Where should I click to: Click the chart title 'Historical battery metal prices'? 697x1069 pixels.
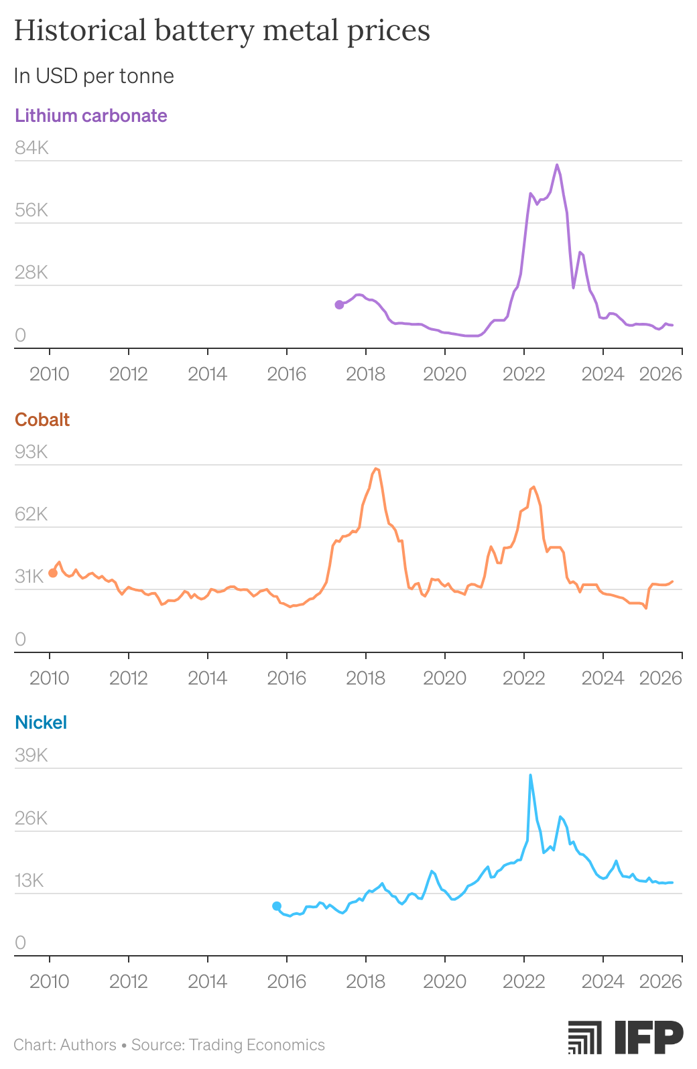click(222, 31)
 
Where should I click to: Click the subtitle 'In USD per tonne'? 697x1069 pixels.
click(94, 76)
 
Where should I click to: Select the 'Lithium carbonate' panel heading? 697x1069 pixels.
click(91, 116)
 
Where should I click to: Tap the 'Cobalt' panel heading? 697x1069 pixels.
click(42, 420)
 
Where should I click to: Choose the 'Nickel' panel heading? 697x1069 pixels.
click(41, 723)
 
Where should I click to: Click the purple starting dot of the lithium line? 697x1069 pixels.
click(339, 305)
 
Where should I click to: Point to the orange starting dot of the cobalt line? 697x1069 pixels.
click(53, 573)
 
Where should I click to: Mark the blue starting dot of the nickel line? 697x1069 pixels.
click(277, 906)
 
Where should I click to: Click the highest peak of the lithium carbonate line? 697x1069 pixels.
click(557, 165)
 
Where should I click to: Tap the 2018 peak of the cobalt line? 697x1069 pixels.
click(376, 469)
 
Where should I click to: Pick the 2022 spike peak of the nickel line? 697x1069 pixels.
click(531, 775)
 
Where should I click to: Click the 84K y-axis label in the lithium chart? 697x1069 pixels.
click(32, 148)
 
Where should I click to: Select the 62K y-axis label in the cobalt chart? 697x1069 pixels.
click(31, 514)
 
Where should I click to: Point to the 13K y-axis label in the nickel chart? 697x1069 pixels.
click(29, 881)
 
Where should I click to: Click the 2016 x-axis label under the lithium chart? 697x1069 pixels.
click(287, 374)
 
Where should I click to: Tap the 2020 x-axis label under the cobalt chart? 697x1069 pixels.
click(444, 678)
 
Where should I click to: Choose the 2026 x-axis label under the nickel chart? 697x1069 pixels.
click(660, 982)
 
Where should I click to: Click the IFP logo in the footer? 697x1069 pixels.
click(625, 1038)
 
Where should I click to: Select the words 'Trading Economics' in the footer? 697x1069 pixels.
click(257, 1045)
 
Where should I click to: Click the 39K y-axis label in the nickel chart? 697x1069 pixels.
click(31, 756)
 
